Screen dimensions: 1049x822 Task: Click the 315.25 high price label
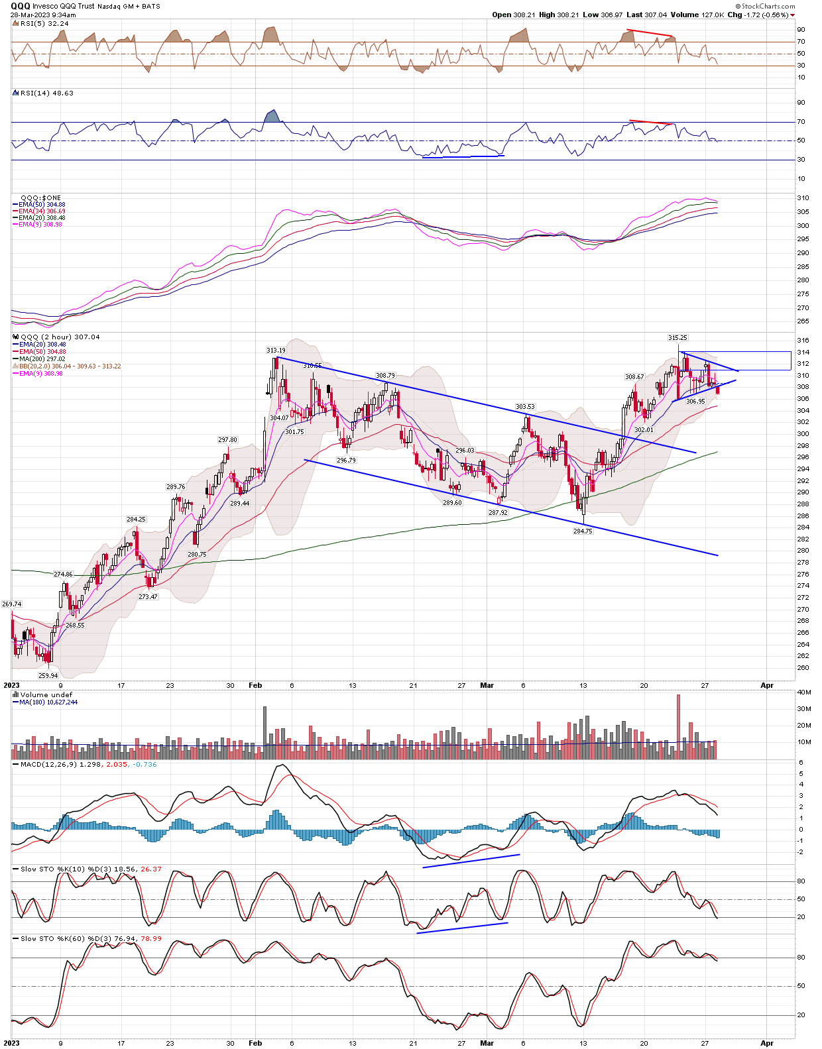pyautogui.click(x=677, y=338)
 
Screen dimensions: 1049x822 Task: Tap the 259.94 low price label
pyautogui.click(x=48, y=676)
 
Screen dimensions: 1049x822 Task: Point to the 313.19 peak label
pyautogui.click(x=276, y=351)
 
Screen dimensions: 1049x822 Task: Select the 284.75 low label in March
pyautogui.click(x=583, y=531)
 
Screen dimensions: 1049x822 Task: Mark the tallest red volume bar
pyautogui.click(x=678, y=726)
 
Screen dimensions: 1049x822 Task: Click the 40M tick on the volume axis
pyautogui.click(x=803, y=692)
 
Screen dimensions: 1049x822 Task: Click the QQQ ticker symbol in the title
pyautogui.click(x=20, y=6)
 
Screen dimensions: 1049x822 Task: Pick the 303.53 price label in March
pyautogui.click(x=525, y=407)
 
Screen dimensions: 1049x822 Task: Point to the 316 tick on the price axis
pyautogui.click(x=802, y=341)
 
